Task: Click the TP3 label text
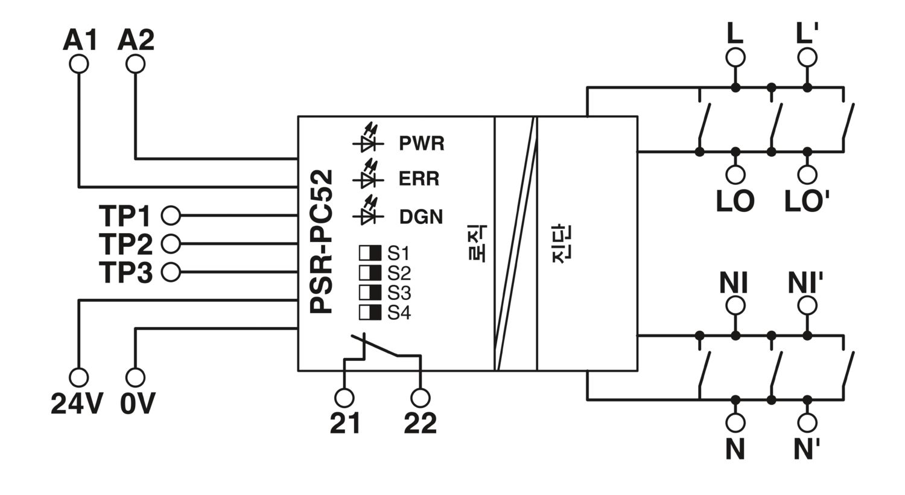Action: click(x=125, y=272)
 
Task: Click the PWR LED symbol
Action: click(x=368, y=139)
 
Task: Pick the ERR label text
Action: click(x=419, y=179)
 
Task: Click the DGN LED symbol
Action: click(x=368, y=212)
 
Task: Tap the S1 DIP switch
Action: click(x=370, y=252)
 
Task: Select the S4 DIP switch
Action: click(x=370, y=312)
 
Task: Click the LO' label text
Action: click(x=807, y=201)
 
